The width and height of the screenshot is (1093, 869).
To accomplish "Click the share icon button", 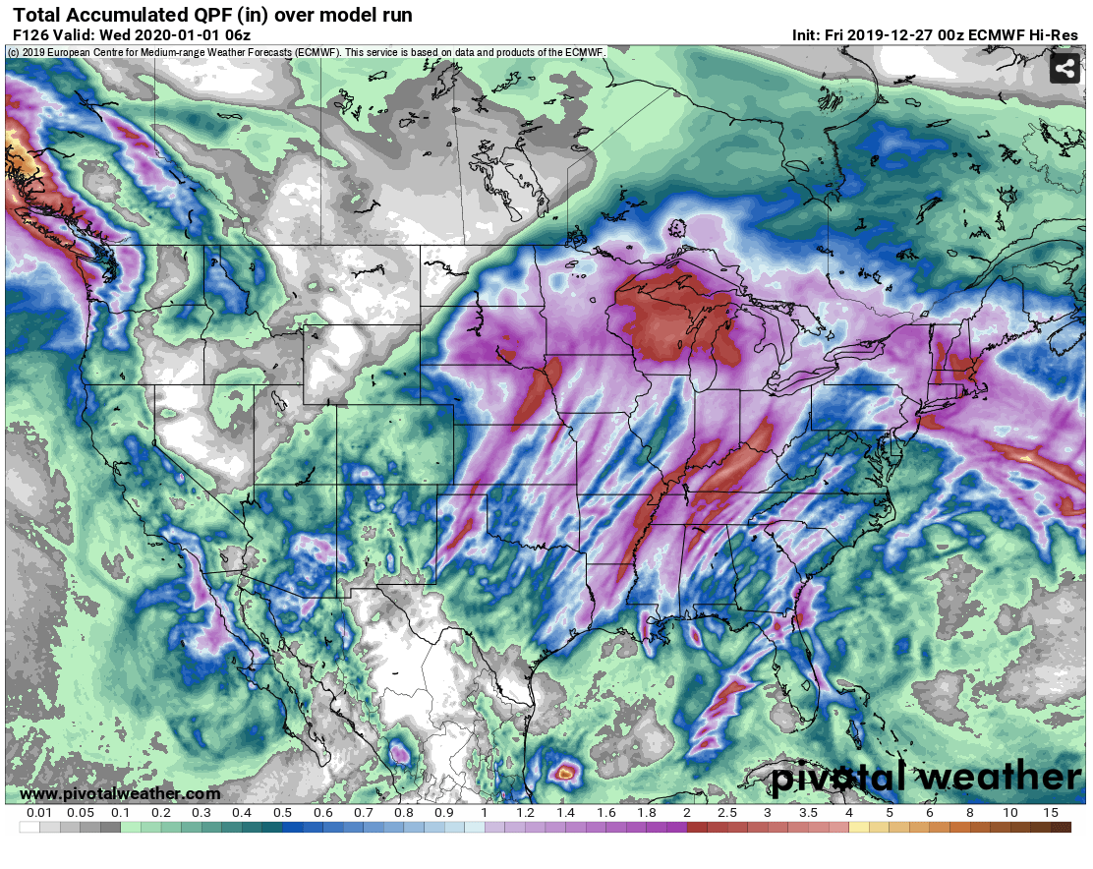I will (1064, 69).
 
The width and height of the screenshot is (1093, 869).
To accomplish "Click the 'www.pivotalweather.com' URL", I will (120, 793).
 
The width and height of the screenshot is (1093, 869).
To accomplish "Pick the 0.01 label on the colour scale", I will (39, 814).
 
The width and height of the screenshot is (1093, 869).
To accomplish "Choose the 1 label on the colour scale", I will (485, 814).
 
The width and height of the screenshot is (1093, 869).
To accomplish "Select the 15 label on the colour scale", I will (1051, 814).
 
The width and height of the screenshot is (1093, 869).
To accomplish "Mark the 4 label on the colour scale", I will (848, 814).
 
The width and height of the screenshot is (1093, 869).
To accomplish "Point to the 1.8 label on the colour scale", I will (646, 814).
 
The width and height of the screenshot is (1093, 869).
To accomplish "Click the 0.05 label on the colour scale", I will (81, 814).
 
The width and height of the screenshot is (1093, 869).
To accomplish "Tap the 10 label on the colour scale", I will (1010, 814).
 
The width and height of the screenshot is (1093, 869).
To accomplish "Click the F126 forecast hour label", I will (30, 35).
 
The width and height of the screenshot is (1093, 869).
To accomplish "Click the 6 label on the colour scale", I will (929, 814).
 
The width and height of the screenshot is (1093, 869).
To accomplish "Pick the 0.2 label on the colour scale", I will (161, 814).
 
